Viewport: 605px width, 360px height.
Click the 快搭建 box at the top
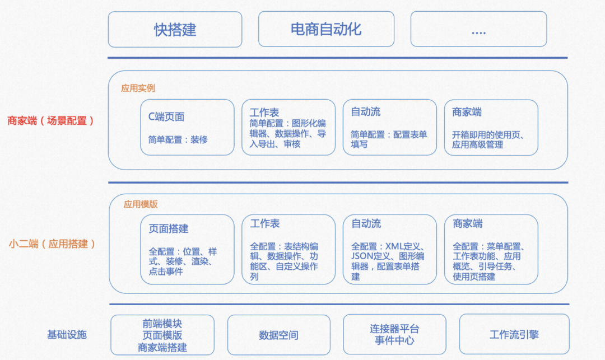[x=175, y=29]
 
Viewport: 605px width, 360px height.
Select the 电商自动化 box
[x=326, y=29]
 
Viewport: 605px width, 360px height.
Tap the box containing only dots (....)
[x=478, y=29]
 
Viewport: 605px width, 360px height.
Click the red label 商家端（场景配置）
[x=51, y=120]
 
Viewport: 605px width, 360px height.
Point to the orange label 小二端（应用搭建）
[x=52, y=244]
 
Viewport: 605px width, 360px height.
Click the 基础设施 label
[x=67, y=335]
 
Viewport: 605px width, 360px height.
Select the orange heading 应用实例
[x=138, y=88]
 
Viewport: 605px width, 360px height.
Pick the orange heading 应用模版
[x=141, y=204]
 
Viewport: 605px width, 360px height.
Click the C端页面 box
[x=187, y=127]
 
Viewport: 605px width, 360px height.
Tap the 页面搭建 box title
[x=169, y=228]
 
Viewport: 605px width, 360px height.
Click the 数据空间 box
[x=278, y=335]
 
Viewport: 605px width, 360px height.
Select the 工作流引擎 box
[x=514, y=334]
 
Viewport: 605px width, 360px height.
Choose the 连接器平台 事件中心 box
[x=394, y=334]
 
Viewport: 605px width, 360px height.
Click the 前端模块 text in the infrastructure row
[x=162, y=324]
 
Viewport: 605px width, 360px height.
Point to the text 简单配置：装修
[x=178, y=139]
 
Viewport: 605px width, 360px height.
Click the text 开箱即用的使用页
[x=485, y=135]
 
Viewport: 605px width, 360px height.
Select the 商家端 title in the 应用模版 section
[x=468, y=223]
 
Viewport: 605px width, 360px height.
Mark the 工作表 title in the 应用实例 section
[x=264, y=113]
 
